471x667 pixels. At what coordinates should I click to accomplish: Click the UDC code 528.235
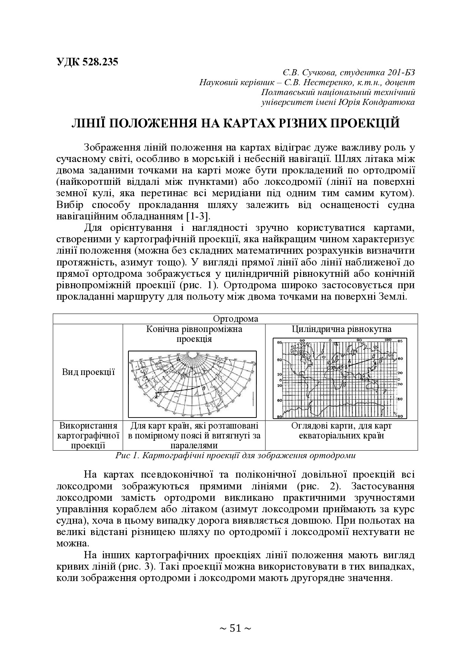87,62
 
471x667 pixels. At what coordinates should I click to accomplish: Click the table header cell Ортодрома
235,319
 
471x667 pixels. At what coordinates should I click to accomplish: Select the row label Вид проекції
88,372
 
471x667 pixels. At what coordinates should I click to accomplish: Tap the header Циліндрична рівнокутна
341,329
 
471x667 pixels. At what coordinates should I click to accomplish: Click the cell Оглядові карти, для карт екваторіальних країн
341,430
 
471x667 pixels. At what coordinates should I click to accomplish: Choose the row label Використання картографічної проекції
88,435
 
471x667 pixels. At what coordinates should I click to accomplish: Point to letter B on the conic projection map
204,388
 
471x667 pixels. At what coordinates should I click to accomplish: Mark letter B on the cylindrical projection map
373,356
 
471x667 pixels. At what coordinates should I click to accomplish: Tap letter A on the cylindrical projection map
349,361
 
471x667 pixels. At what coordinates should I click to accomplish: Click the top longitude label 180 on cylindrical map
388,340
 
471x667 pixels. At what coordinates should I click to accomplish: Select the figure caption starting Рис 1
235,456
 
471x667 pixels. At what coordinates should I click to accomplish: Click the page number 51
235,628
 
